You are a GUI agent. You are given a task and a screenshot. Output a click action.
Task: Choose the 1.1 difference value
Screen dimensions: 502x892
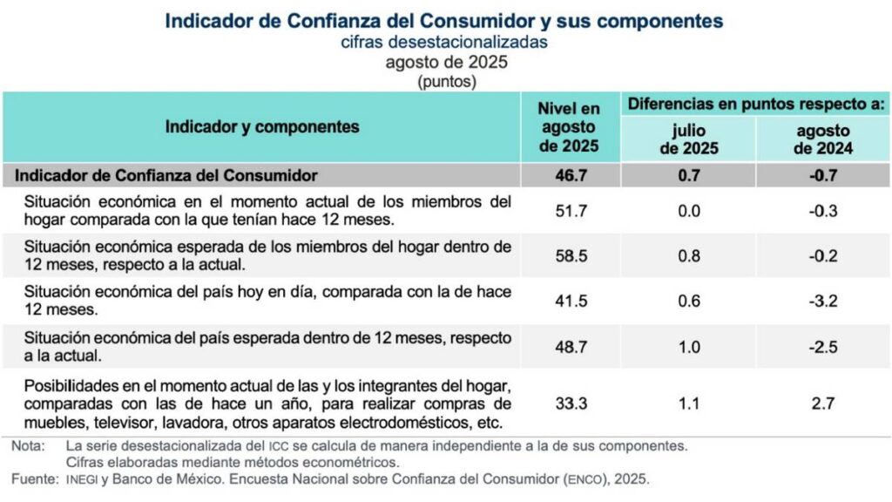pos(688,404)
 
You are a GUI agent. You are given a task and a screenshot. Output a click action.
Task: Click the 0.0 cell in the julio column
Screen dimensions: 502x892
pos(688,210)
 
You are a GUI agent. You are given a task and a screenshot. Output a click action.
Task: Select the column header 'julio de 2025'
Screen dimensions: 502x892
pos(688,139)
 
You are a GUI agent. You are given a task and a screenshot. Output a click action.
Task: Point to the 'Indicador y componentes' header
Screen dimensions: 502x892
pos(262,127)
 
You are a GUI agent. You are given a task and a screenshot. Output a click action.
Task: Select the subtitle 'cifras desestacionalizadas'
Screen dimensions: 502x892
pos(444,41)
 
